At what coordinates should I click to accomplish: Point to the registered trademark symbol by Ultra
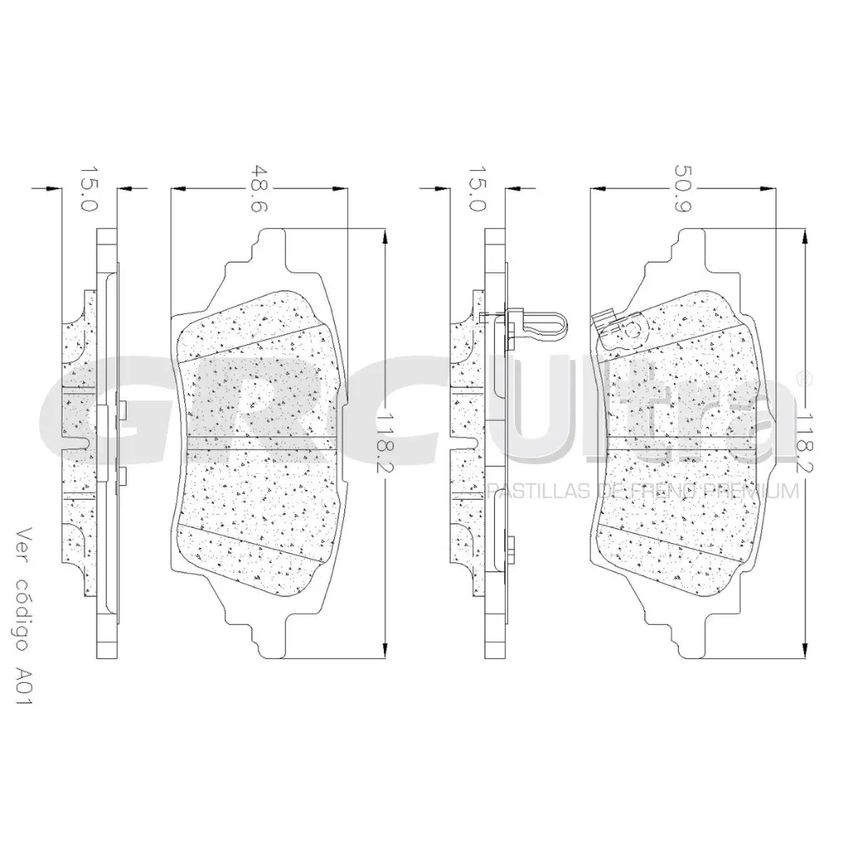[x=805, y=378]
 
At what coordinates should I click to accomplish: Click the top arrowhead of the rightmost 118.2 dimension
[x=805, y=237]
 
